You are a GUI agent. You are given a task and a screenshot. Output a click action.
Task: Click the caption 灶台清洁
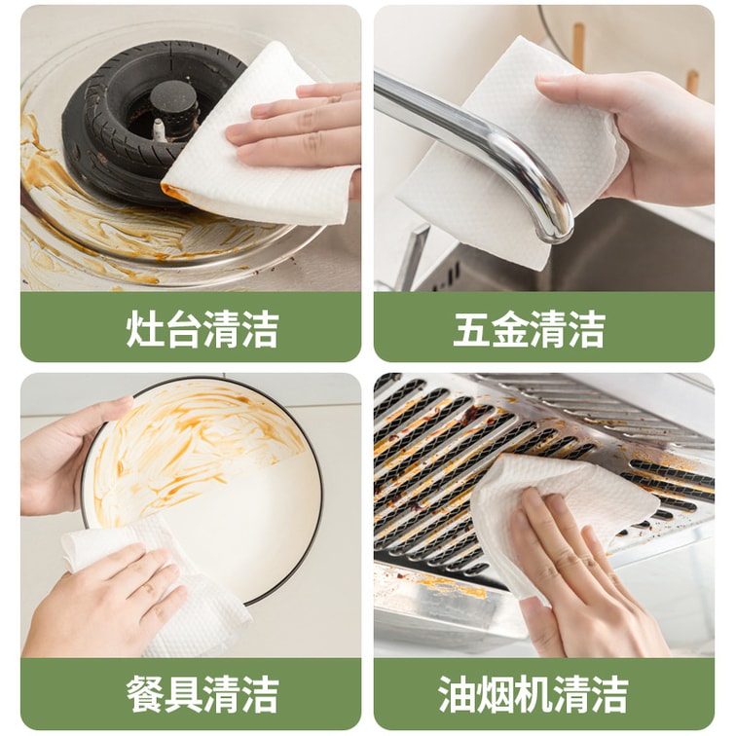coord(202,329)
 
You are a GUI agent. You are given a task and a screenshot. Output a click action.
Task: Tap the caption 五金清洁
coord(530,329)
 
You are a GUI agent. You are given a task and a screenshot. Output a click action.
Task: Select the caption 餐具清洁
coord(202,694)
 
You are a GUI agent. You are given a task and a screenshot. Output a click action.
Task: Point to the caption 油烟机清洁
coord(533,694)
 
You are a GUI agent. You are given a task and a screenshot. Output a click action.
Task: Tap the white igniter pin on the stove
coord(159,129)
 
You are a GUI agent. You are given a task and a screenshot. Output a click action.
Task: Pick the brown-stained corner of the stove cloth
coord(173,192)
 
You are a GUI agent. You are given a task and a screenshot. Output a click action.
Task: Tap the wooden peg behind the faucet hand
coord(578,47)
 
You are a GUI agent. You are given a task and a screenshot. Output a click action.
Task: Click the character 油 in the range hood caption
coord(457,694)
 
